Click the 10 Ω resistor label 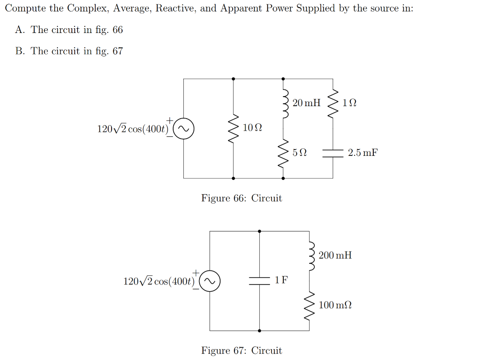(x=252, y=128)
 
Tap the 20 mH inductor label (x=306, y=103)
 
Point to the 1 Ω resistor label (x=350, y=103)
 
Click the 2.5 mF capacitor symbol (x=333, y=153)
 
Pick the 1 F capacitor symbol (x=259, y=281)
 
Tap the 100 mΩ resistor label (x=335, y=305)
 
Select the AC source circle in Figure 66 (x=183, y=129)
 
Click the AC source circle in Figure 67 (x=210, y=281)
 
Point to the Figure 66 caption (x=242, y=198)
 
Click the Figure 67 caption (x=242, y=350)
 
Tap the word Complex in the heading (x=88, y=9)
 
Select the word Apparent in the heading (x=239, y=9)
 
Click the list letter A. (x=20, y=30)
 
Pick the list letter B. (x=20, y=51)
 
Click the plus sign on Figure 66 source (x=169, y=120)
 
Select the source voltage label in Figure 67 (x=158, y=281)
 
